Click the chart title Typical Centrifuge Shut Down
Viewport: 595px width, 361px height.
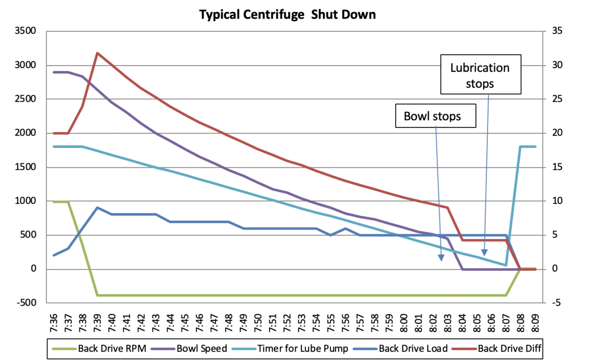tap(287, 14)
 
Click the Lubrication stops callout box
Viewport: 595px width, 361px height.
tap(480, 75)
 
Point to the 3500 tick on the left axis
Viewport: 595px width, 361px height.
tap(26, 31)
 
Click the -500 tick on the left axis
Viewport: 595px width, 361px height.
tap(26, 303)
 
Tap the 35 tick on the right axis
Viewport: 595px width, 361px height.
tap(557, 31)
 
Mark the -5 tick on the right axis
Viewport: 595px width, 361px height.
tap(557, 303)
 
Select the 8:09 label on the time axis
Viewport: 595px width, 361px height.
tap(535, 321)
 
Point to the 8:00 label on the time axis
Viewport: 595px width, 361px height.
tap(404, 321)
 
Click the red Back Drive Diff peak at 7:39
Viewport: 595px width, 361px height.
tap(97, 53)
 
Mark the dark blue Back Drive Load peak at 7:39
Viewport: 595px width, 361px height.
tap(97, 208)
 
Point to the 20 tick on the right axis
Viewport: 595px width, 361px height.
tap(557, 133)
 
